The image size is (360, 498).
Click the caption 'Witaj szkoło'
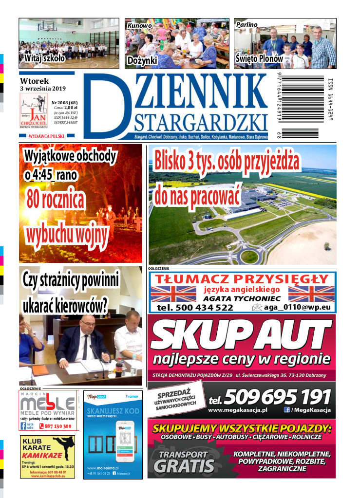(44, 58)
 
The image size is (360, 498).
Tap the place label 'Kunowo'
(140, 25)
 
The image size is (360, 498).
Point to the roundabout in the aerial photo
(249, 255)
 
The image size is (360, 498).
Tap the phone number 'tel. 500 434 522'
(195, 308)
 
